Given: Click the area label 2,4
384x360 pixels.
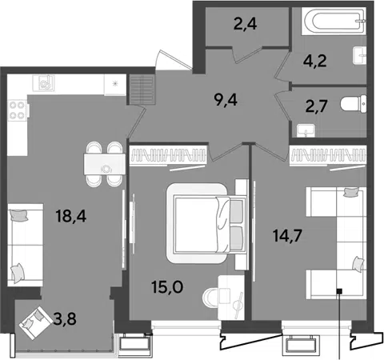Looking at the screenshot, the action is pyautogui.click(x=245, y=24).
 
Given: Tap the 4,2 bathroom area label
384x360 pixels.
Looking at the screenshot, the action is pyautogui.click(x=314, y=61).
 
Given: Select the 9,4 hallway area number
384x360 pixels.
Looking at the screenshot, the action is pyautogui.click(x=226, y=100).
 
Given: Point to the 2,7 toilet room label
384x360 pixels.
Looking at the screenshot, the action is pyautogui.click(x=316, y=106).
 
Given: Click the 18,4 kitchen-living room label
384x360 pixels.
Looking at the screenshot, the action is pyautogui.click(x=71, y=216).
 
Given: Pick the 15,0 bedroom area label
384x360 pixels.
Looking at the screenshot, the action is pyautogui.click(x=167, y=287).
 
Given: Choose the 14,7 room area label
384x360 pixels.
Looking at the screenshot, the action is pyautogui.click(x=287, y=235).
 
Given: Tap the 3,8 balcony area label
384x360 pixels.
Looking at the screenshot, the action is pyautogui.click(x=65, y=318).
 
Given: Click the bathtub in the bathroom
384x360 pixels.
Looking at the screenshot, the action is pyautogui.click(x=334, y=21).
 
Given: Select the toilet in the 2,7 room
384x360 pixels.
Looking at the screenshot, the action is pyautogui.click(x=354, y=103).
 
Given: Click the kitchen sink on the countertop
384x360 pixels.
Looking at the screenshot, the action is pyautogui.click(x=43, y=83).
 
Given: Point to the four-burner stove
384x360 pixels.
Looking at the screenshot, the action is pyautogui.click(x=18, y=110).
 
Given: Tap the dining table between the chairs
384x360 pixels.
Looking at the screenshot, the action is pyautogui.click(x=105, y=164).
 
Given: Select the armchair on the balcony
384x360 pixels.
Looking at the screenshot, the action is pyautogui.click(x=35, y=322).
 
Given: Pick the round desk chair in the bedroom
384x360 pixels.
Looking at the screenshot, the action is pyautogui.click(x=210, y=298).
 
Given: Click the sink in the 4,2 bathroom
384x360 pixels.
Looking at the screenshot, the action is pyautogui.click(x=360, y=55).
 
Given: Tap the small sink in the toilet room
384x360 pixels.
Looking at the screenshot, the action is pyautogui.click(x=306, y=130).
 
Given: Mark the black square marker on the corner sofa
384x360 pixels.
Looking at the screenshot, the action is pyautogui.click(x=339, y=291).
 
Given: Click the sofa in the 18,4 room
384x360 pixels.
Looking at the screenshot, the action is pyautogui.click(x=26, y=245).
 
